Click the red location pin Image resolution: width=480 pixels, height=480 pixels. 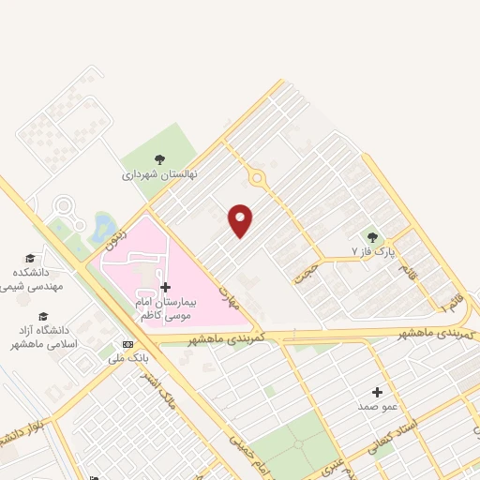pos(241,220)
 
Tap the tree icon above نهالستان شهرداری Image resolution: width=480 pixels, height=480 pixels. pos(160,159)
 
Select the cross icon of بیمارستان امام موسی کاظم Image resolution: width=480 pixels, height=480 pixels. pos(166,287)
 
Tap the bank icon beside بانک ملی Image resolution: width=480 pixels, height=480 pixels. pos(127,343)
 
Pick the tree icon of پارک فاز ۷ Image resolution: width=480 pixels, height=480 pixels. pos(373,237)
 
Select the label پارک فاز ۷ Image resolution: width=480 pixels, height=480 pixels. pos(374,252)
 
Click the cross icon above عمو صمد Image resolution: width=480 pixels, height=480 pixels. pos(377,392)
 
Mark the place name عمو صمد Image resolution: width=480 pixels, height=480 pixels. pos(377,406)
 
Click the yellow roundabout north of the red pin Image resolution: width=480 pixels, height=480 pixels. pos(256,177)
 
